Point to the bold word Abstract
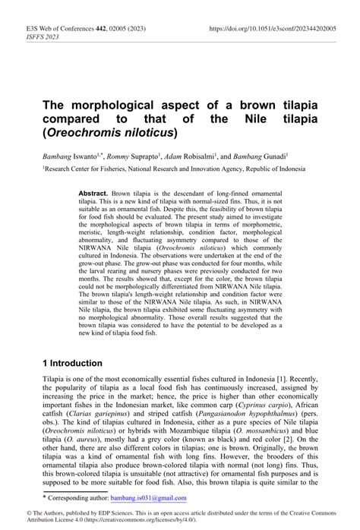tap(93, 193)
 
